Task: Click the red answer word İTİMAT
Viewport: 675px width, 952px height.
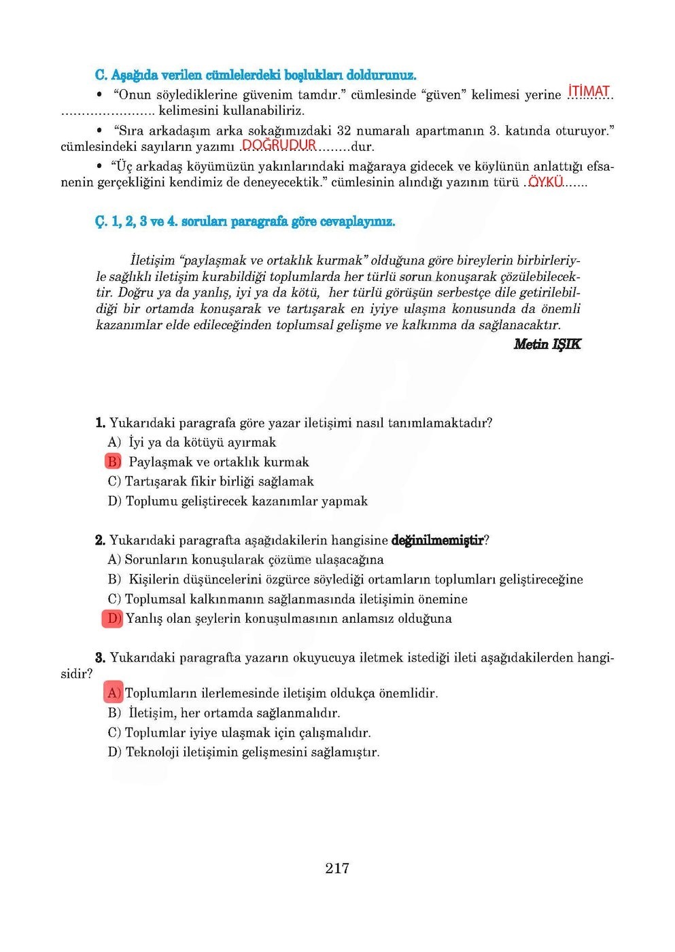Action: tap(589, 92)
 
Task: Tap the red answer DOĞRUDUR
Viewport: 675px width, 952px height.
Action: tap(279, 145)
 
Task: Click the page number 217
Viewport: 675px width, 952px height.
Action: tap(337, 868)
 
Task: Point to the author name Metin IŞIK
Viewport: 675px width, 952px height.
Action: tap(547, 344)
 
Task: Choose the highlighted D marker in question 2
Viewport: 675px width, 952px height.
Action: tap(113, 618)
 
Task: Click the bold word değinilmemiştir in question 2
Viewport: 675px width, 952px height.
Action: tap(438, 541)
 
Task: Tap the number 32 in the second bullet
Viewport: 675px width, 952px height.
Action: tap(344, 131)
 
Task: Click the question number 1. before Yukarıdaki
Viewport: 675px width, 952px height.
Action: tap(100, 423)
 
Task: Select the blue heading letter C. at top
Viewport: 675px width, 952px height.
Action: tap(101, 75)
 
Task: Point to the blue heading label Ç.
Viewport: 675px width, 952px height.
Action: tap(101, 222)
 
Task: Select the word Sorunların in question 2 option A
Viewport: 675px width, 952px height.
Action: tap(157, 560)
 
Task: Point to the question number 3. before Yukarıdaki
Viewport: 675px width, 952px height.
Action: tap(100, 658)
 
